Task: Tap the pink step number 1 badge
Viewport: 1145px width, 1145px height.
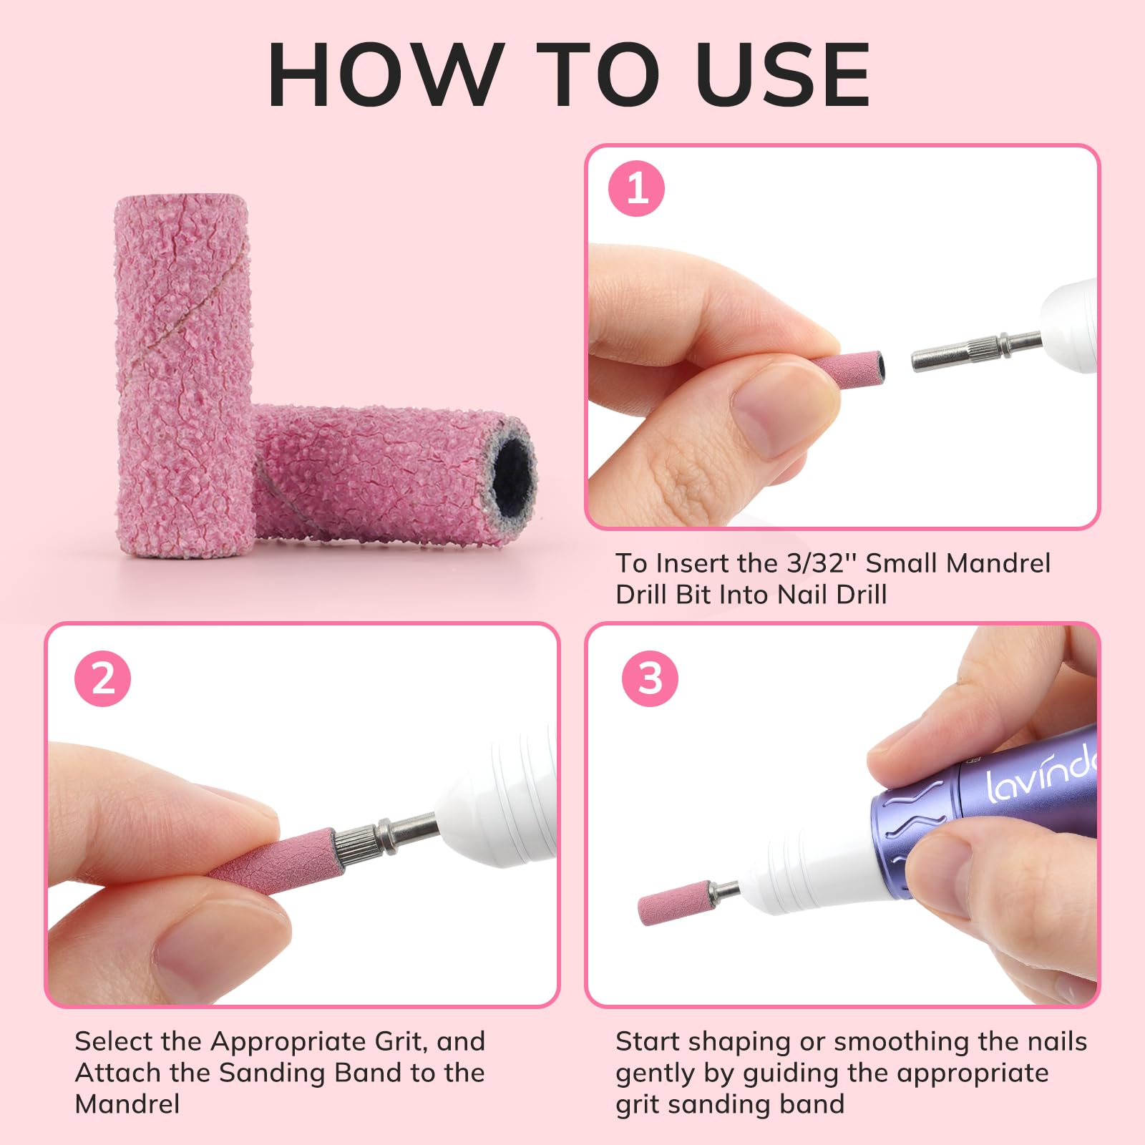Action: point(636,189)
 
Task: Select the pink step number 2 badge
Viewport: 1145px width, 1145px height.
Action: point(103,678)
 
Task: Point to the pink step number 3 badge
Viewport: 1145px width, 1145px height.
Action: point(650,678)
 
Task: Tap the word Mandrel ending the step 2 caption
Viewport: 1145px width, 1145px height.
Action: point(127,1104)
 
